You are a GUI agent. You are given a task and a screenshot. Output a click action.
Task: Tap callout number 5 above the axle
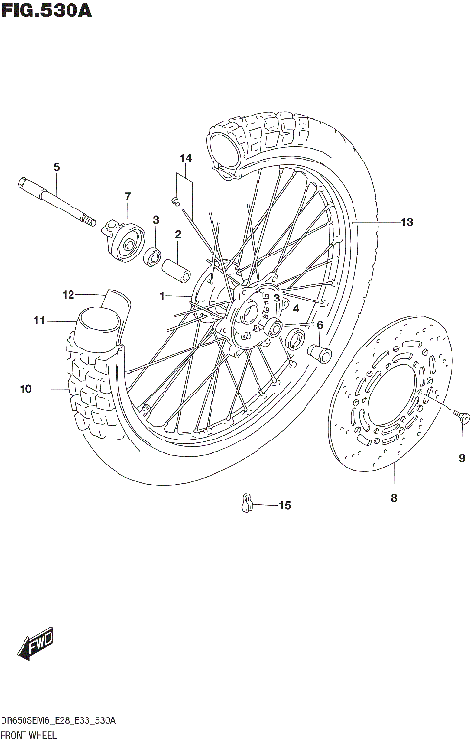coord(56,167)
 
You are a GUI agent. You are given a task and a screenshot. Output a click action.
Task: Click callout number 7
coord(127,198)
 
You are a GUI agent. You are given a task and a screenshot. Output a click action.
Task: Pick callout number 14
coord(185,159)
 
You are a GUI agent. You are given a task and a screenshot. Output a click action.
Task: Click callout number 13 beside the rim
coord(406,223)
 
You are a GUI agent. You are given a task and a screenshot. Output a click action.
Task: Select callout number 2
coord(178,234)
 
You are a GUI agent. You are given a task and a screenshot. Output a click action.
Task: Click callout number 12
coord(68,294)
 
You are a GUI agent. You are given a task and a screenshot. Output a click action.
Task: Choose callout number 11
coord(38,320)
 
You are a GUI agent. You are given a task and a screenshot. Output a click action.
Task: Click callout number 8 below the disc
coord(393,498)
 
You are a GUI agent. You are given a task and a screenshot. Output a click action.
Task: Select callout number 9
coord(461,458)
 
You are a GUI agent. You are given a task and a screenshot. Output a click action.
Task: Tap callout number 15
coord(285,506)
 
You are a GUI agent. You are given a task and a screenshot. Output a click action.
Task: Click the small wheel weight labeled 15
coord(248,504)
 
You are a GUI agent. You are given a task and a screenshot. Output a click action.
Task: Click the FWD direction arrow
coord(35,645)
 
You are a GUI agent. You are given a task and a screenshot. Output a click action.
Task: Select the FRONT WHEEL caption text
coord(28,733)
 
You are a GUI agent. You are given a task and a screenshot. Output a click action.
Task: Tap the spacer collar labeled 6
coord(319,351)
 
